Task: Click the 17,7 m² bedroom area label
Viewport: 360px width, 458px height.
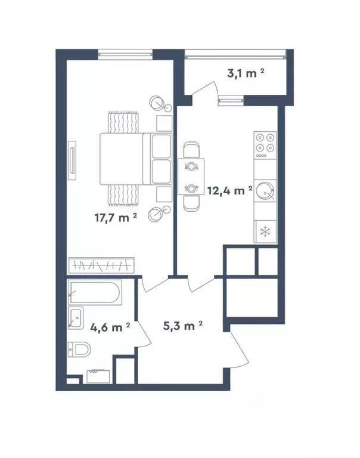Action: pos(116,218)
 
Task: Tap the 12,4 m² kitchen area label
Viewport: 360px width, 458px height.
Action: pos(230,191)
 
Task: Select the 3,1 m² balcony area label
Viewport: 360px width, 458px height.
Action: pos(246,73)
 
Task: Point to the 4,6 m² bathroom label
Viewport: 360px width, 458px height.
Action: pos(110,327)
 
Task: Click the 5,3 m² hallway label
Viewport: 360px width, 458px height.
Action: pos(183,326)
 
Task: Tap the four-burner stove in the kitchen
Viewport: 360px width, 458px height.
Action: pos(265,145)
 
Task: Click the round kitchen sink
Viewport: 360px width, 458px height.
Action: pos(265,191)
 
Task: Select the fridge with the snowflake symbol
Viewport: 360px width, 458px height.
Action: pos(265,231)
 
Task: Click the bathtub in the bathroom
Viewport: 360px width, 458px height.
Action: pos(95,292)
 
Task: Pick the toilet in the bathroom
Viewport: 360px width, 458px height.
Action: pos(79,349)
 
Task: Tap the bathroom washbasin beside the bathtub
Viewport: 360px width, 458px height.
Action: pos(76,318)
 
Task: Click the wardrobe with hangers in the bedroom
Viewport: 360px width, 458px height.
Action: pos(101,265)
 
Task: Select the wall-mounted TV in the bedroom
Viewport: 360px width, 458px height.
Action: pos(72,160)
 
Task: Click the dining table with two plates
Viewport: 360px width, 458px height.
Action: pos(191,177)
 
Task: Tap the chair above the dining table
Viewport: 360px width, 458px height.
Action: pos(191,150)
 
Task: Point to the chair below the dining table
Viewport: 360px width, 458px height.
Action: pos(191,203)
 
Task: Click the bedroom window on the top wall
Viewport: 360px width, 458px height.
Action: pos(125,54)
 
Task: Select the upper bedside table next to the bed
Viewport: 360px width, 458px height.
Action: pos(165,123)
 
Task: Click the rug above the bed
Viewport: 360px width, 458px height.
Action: pos(123,122)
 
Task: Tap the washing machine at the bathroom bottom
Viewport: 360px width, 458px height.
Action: pos(98,376)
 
